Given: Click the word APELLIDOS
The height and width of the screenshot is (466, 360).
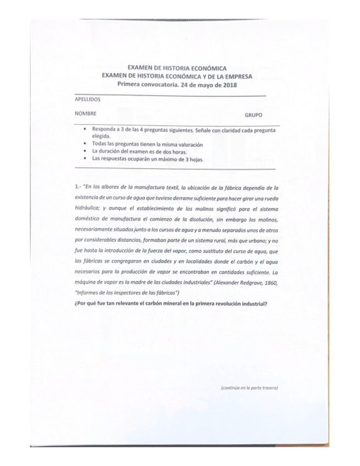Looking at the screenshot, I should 87,100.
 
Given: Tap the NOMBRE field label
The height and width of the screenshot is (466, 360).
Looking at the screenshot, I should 85,114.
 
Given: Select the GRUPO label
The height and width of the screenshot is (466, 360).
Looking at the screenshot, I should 253,115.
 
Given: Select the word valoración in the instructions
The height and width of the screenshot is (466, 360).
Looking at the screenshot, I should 190,144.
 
